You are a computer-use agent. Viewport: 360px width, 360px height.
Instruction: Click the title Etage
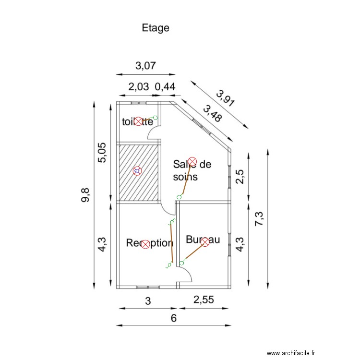coord(156,28)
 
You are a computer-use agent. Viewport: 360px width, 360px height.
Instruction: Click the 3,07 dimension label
coord(145,66)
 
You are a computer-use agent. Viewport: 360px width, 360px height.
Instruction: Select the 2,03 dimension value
coord(138,87)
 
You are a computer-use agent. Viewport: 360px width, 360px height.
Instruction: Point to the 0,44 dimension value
coord(165,87)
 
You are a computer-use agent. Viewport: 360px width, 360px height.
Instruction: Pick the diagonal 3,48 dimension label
coord(212,114)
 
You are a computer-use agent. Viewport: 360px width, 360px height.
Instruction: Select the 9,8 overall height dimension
coord(86,195)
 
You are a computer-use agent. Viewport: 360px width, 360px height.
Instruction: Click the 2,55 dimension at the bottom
coord(204,300)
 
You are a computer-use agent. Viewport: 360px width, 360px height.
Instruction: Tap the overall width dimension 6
coord(174,318)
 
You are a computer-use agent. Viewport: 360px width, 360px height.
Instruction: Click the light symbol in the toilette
coord(138,121)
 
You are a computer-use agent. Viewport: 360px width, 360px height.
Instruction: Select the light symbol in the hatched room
coord(137,170)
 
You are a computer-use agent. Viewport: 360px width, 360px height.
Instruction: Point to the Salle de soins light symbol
coord(192,161)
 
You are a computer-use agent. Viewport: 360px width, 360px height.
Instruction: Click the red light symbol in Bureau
coord(205,242)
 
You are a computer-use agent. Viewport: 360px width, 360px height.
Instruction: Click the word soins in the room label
coord(185,176)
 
